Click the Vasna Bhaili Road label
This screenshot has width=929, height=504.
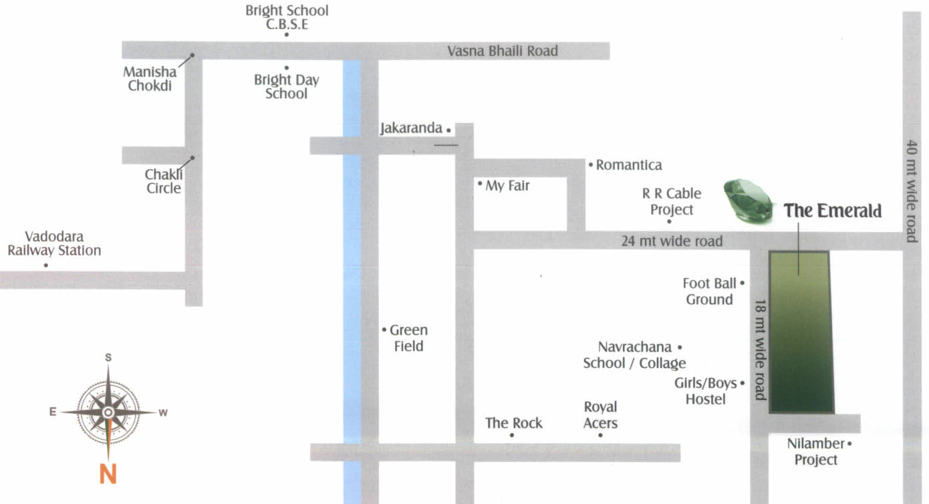tap(502, 51)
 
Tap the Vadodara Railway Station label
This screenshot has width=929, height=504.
tap(54, 244)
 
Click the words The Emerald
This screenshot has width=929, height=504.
tap(833, 211)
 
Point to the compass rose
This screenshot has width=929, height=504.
tap(108, 412)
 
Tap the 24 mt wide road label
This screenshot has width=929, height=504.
tap(672, 241)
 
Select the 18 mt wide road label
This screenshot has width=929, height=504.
tap(759, 350)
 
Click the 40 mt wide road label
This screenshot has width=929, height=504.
tap(912, 191)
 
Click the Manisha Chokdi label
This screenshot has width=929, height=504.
tap(150, 79)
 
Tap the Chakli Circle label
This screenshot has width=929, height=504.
tap(163, 181)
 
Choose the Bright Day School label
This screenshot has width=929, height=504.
tap(286, 87)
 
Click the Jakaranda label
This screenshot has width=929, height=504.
tap(411, 128)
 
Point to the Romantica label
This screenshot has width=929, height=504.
tap(628, 165)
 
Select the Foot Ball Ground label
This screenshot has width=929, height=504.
tap(710, 292)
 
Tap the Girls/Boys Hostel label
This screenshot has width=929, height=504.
tap(706, 391)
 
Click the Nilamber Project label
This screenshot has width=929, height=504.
tap(816, 452)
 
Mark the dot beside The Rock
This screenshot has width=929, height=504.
tap(511, 435)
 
